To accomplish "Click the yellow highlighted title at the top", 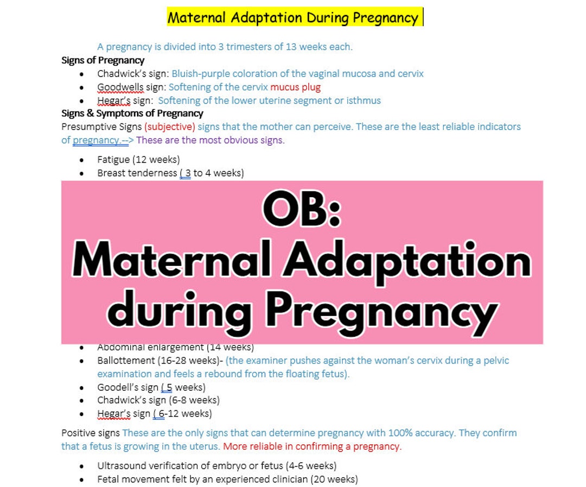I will [x=293, y=17].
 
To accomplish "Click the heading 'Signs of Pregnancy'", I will [x=103, y=60].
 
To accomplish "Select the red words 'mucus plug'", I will [x=295, y=87].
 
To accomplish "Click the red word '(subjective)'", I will [x=169, y=127].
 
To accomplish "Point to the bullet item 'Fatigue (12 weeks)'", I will [x=138, y=160].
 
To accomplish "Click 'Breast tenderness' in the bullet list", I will [x=137, y=173].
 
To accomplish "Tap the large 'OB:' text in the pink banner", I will [x=302, y=209].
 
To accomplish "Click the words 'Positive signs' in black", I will [x=90, y=433].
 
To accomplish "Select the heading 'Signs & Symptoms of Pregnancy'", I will [x=132, y=113].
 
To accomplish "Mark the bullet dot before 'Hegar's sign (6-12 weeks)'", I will [x=81, y=414].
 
